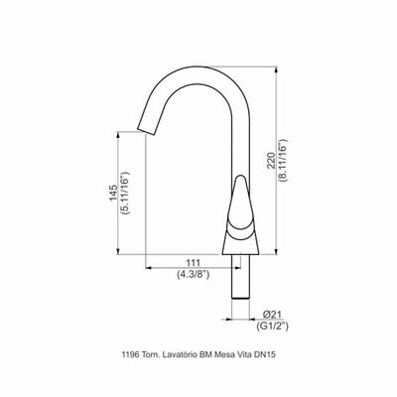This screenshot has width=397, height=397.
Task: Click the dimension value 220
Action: pos(271,161)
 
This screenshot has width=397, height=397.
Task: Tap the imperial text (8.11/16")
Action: pos(284,161)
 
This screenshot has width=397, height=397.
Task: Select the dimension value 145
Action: pos(113,193)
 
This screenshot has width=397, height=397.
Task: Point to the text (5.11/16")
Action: pos(126,193)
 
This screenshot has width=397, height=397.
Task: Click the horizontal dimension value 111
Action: pos(194,263)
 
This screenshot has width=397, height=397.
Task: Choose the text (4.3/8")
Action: pos(194,274)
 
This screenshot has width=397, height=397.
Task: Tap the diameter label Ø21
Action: pos(272,315)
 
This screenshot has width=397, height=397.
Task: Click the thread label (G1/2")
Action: pos(272,327)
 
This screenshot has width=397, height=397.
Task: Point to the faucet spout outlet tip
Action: pos(146,131)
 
